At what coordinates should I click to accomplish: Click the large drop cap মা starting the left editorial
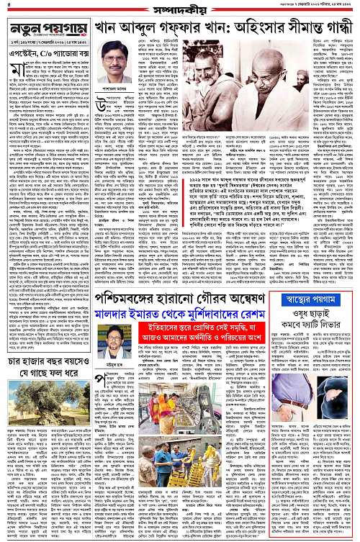9,78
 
